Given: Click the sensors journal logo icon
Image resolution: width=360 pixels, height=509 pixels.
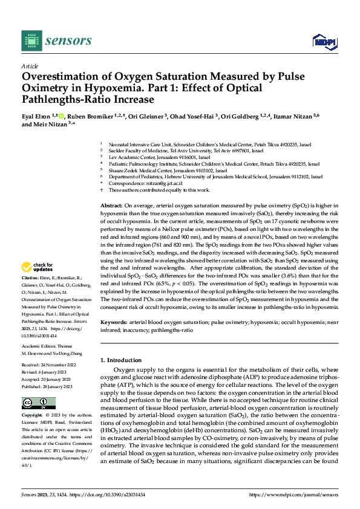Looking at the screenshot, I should tap(31, 41).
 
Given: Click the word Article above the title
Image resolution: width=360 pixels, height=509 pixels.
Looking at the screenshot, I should tap(30, 66).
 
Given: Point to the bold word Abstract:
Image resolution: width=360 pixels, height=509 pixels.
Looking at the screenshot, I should tap(112, 206).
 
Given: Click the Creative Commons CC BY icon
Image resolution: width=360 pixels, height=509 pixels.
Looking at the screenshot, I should tap(38, 403).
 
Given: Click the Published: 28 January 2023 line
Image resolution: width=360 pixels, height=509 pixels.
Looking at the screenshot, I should tap(48, 385).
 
